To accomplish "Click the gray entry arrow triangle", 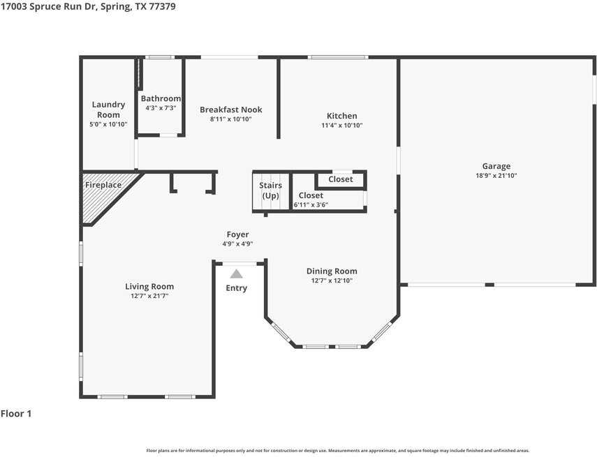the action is point(236,274).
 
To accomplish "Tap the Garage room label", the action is point(496,166).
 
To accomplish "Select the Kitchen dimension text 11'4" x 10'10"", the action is point(342,125).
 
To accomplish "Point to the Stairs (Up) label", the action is point(270,190).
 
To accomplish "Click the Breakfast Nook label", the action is point(230,110).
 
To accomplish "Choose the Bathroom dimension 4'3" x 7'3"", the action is point(161,108).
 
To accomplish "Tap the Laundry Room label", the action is point(108,110).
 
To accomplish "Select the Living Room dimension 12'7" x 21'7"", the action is point(149,296).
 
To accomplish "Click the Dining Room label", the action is point(332,271).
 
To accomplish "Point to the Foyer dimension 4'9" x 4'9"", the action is point(237,244).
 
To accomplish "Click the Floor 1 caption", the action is point(16,414).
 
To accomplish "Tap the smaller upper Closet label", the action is point(340,179).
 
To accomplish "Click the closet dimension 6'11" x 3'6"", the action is point(311,204).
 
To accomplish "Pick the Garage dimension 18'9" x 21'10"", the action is point(496,175).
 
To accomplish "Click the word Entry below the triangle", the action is point(237,288).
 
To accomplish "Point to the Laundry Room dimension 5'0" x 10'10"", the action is point(108,124).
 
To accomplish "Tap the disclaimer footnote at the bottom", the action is point(338,451).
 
